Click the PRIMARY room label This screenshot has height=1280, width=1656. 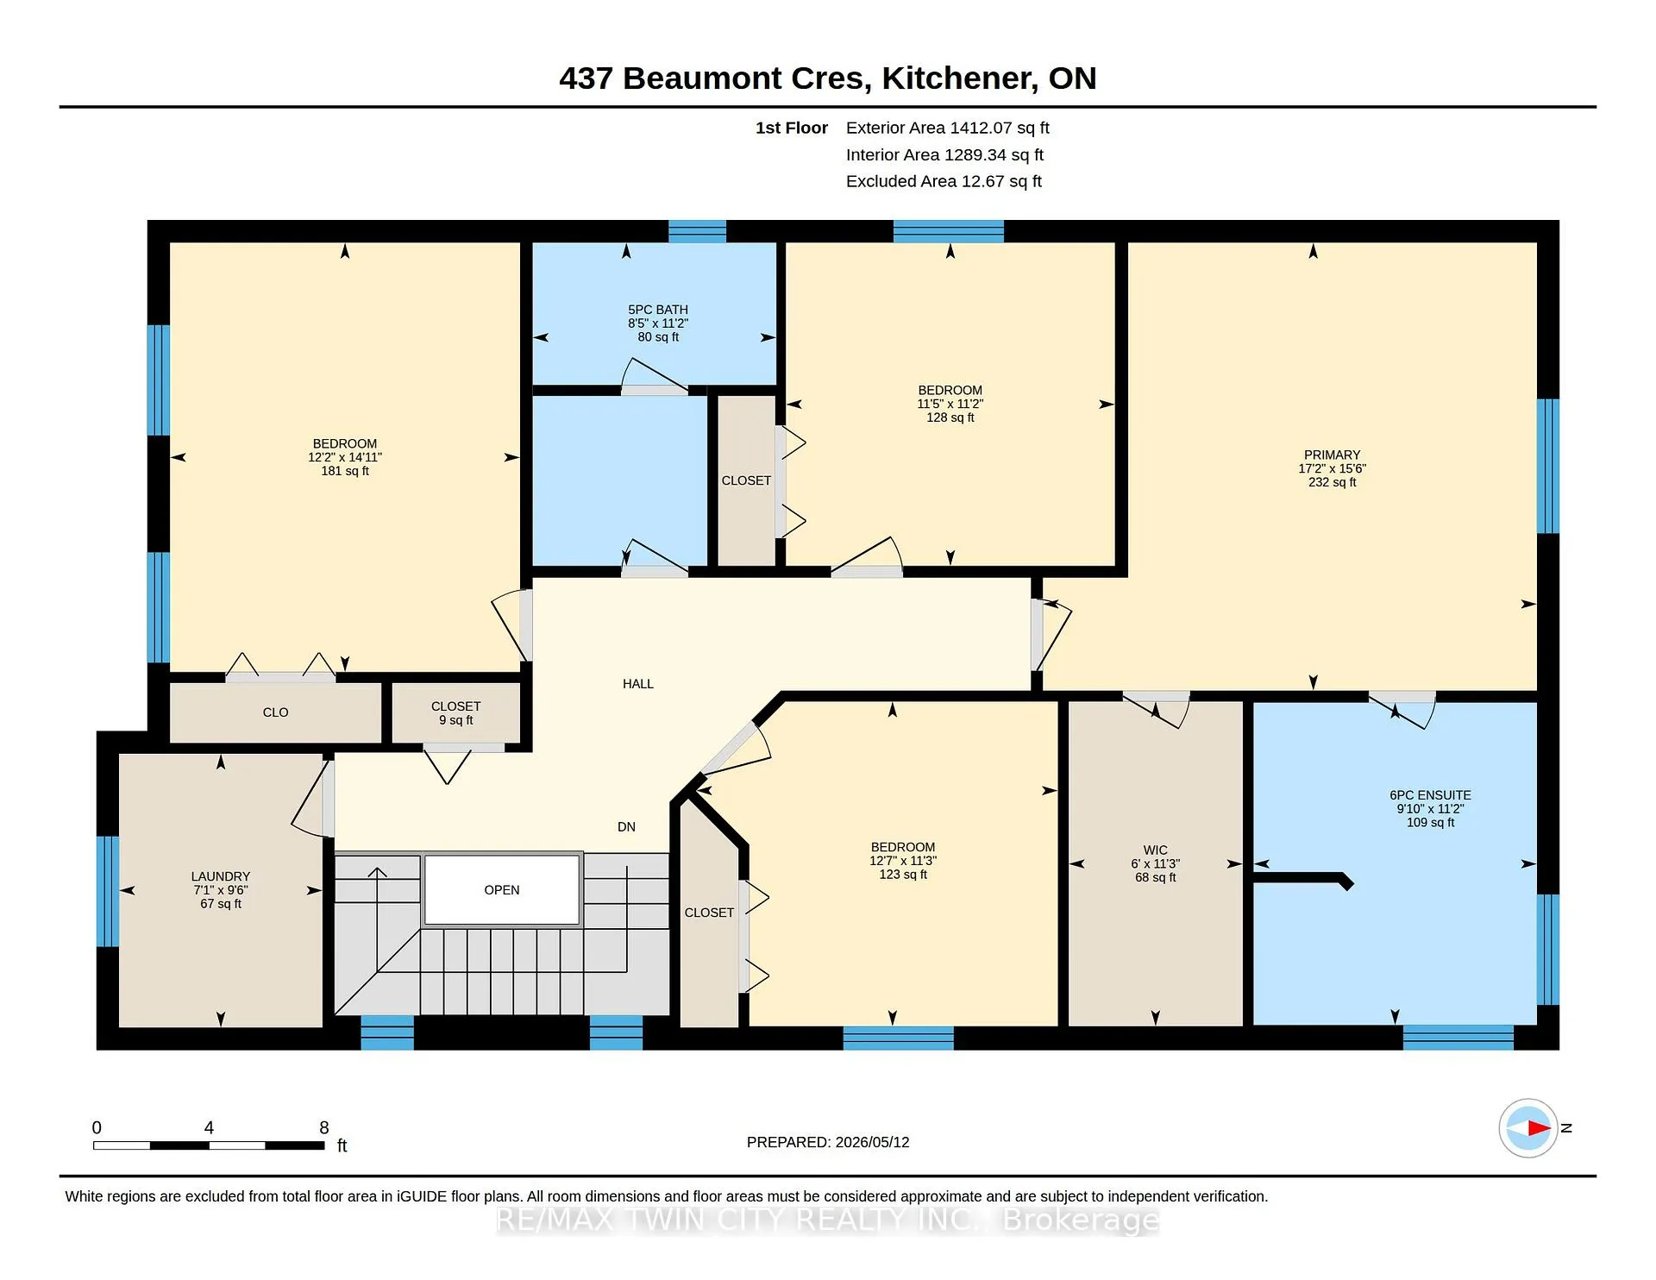1332,455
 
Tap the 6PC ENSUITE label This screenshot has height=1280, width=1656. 1430,795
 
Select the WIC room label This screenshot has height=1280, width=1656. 1155,850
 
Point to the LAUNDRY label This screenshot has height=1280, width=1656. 221,876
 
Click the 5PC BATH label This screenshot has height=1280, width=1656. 658,310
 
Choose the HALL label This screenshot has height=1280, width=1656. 638,684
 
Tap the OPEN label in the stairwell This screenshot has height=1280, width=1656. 502,890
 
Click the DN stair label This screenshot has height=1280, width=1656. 626,826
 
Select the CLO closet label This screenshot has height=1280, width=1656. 275,712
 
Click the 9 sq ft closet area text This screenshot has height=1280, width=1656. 455,720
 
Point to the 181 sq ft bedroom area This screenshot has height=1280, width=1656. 345,471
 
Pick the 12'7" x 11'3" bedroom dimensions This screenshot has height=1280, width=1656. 903,861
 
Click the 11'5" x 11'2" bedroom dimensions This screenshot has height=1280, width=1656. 950,404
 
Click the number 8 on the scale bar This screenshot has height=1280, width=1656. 324,1127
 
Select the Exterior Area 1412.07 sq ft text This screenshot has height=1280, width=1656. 947,128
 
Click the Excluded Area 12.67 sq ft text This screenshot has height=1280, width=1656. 944,181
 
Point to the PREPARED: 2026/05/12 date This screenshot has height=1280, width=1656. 828,1142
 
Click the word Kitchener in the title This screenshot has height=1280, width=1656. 960,78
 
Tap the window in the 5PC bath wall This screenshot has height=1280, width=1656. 697,231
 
